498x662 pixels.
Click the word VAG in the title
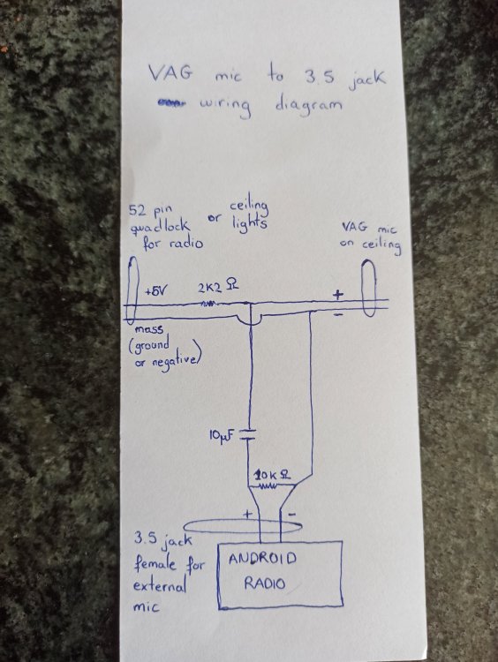[170, 73]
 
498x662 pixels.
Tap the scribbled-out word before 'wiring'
[170, 102]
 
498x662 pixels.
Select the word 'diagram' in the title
[308, 104]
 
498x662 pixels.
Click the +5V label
[156, 291]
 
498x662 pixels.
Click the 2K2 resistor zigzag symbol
[210, 303]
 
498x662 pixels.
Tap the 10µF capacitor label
[222, 435]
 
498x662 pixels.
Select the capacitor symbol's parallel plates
[249, 435]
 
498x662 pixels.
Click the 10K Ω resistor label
[272, 476]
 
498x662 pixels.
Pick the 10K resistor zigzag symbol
[268, 486]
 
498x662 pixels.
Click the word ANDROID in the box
[262, 559]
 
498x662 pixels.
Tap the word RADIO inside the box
[264, 584]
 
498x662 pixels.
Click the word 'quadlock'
[160, 227]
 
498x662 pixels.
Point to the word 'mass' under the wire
[148, 329]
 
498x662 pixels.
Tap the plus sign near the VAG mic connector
[337, 294]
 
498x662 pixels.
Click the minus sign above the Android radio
[292, 515]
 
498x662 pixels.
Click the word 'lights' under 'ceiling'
[249, 222]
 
